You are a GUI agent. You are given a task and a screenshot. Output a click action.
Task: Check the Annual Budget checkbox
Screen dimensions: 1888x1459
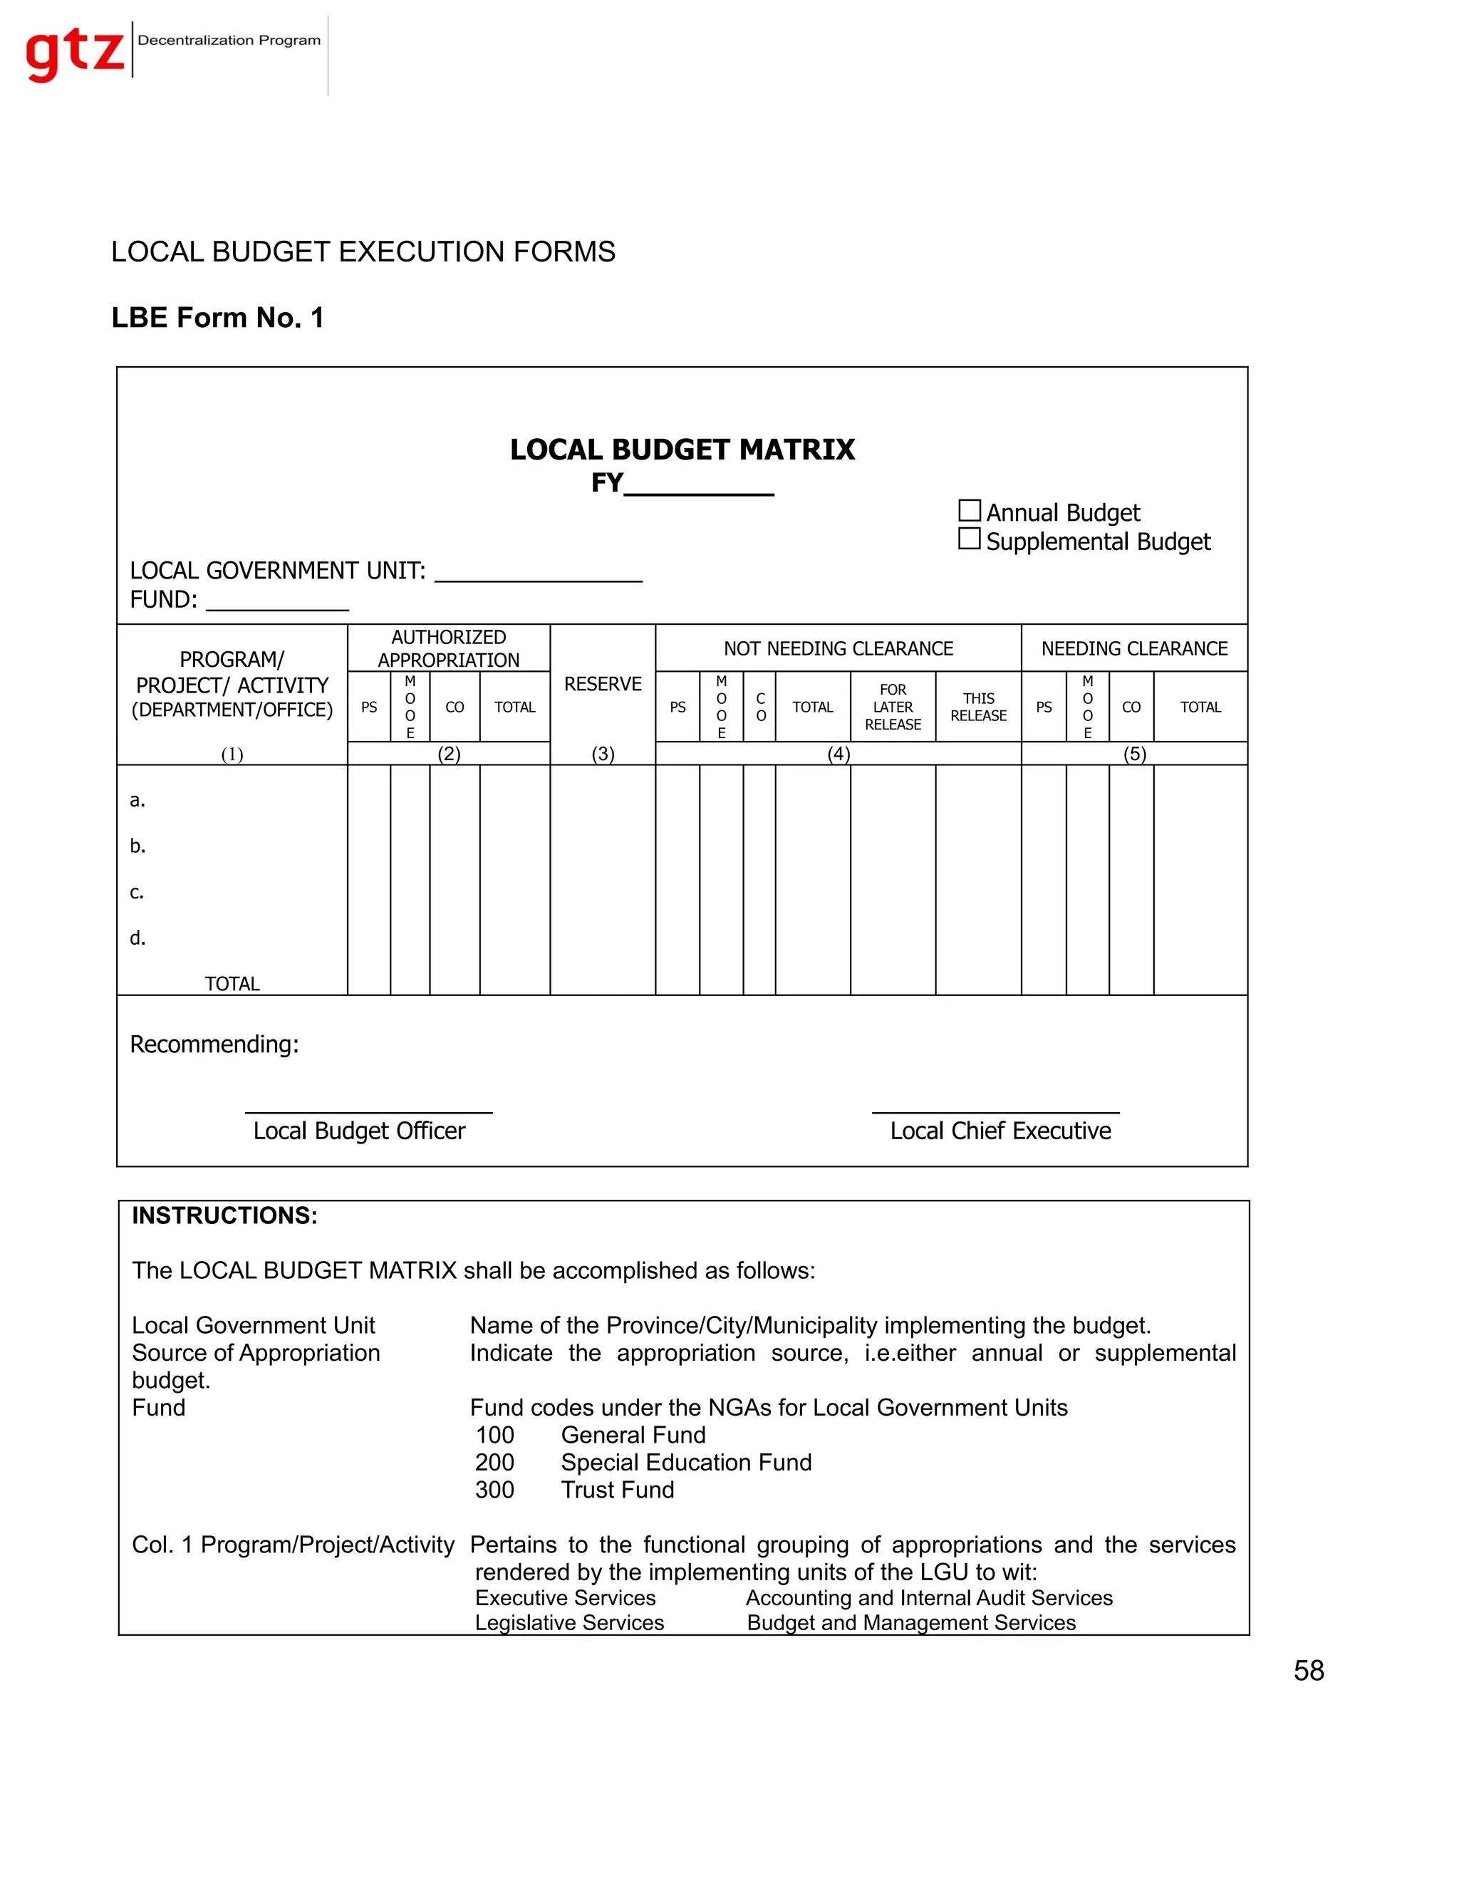coord(969,510)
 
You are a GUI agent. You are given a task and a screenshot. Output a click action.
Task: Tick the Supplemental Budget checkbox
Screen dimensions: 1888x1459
coord(969,539)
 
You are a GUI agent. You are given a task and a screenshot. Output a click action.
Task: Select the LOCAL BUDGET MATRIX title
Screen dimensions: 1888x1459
coord(682,450)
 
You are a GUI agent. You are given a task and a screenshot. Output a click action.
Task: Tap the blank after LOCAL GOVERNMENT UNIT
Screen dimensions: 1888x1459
coord(538,572)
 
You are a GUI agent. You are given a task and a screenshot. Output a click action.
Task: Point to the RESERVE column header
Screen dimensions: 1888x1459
coord(603,684)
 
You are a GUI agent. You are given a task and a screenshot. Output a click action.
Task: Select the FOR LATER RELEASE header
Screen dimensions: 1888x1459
coord(893,707)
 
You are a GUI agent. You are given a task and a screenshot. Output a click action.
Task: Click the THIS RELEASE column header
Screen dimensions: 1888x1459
coord(978,707)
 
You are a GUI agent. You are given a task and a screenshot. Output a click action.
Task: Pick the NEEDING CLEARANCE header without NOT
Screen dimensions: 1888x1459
coord(1134,648)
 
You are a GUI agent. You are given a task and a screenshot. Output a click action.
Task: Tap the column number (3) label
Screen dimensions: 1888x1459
coord(603,754)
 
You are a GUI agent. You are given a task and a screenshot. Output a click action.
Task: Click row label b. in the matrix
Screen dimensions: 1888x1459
coord(137,846)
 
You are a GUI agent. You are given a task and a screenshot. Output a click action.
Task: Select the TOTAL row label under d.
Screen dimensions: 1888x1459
coord(232,984)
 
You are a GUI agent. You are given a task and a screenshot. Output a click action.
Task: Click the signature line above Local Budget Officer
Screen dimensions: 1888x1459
coord(368,1111)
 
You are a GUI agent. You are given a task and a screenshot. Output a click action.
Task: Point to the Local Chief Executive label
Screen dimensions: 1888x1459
coord(1000,1131)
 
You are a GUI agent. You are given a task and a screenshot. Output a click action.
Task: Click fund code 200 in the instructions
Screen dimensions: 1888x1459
coord(494,1462)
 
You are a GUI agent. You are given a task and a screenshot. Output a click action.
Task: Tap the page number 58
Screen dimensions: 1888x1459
coord(1309,1670)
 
